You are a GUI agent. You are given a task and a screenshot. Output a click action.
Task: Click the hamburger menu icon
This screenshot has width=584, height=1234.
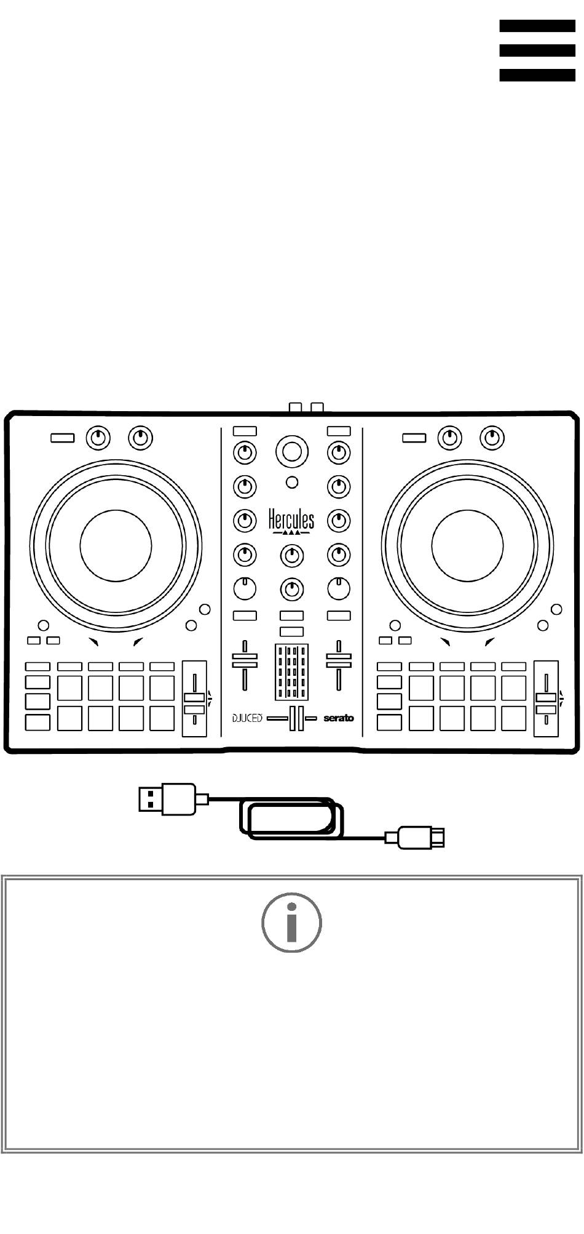(x=537, y=50)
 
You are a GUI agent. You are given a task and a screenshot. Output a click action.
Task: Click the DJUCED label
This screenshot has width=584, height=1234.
(x=247, y=718)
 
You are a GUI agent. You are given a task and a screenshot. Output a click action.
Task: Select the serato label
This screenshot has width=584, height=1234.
(x=339, y=718)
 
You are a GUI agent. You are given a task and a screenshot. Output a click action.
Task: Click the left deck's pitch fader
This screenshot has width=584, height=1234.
(x=194, y=698)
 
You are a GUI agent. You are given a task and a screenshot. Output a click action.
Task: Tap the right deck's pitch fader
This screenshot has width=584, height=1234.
(x=545, y=698)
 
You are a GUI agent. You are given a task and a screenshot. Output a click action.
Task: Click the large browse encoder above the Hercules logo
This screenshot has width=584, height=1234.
(x=292, y=452)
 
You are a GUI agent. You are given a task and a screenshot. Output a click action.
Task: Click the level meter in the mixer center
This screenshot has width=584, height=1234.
(x=291, y=671)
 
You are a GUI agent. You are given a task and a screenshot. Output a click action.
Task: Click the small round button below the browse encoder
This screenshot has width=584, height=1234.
(x=293, y=483)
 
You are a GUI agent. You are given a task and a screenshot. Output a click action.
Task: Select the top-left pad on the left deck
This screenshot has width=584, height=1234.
(x=69, y=687)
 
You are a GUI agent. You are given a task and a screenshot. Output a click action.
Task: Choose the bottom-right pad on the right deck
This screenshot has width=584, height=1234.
(x=513, y=718)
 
